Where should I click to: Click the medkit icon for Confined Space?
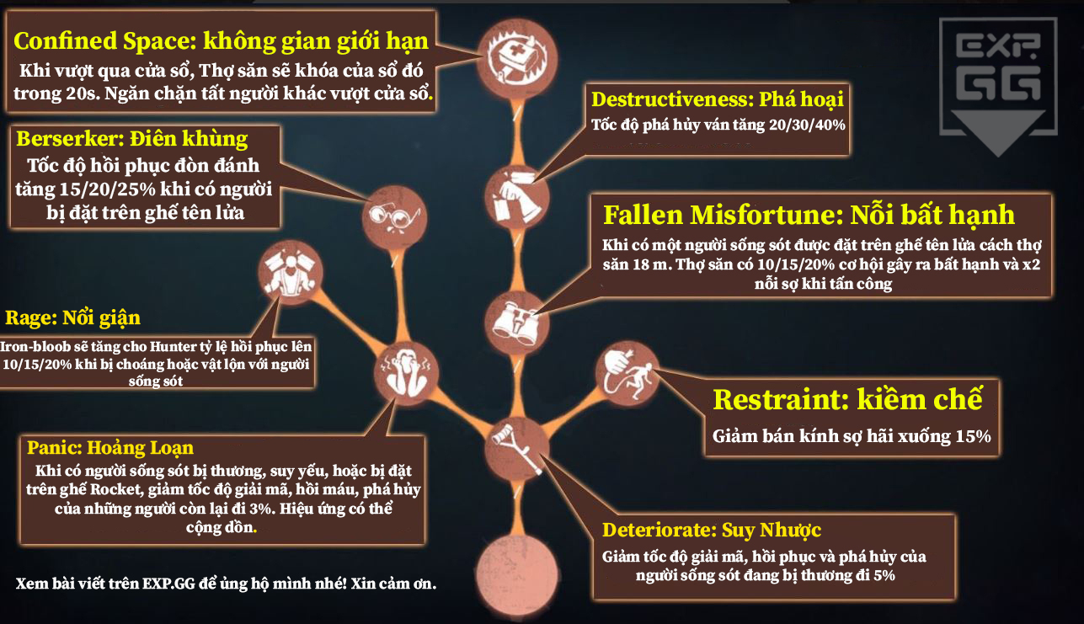(x=517, y=59)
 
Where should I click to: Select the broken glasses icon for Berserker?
(x=394, y=217)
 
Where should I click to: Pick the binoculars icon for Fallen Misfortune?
(x=517, y=323)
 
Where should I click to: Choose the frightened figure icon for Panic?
(x=406, y=373)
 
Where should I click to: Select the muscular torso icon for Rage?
(x=291, y=273)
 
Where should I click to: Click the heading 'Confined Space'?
(x=105, y=41)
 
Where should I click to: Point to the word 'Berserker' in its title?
(x=71, y=139)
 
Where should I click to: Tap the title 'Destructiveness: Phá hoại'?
(x=717, y=99)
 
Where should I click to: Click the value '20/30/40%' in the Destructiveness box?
(x=807, y=125)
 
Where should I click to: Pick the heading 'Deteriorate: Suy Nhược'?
(x=712, y=531)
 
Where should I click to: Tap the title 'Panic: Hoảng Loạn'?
(x=110, y=448)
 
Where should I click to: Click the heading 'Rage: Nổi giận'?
(x=72, y=318)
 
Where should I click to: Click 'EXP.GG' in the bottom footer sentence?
(x=168, y=584)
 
